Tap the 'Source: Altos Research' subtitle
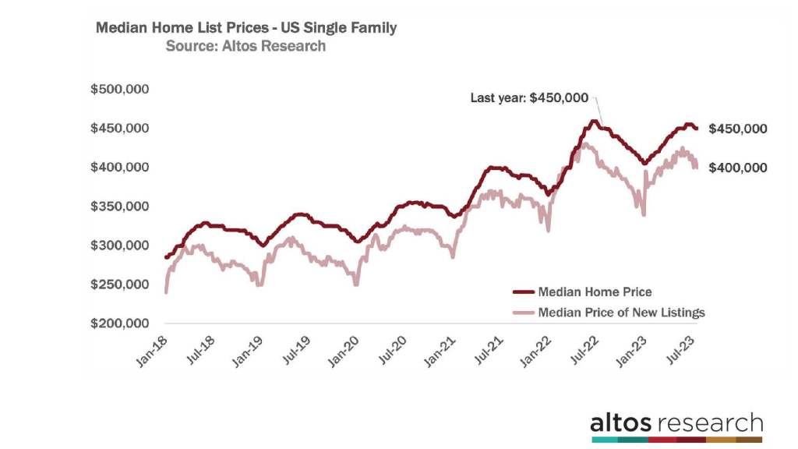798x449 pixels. coord(245,46)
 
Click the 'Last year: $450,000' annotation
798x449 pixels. coord(529,98)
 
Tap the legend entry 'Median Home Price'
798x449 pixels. coord(595,292)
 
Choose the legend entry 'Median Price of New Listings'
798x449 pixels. coord(621,313)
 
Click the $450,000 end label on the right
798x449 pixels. coord(738,129)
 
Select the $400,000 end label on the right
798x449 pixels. coord(738,168)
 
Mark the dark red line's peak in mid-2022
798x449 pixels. coord(595,121)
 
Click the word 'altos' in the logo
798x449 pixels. coord(622,424)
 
